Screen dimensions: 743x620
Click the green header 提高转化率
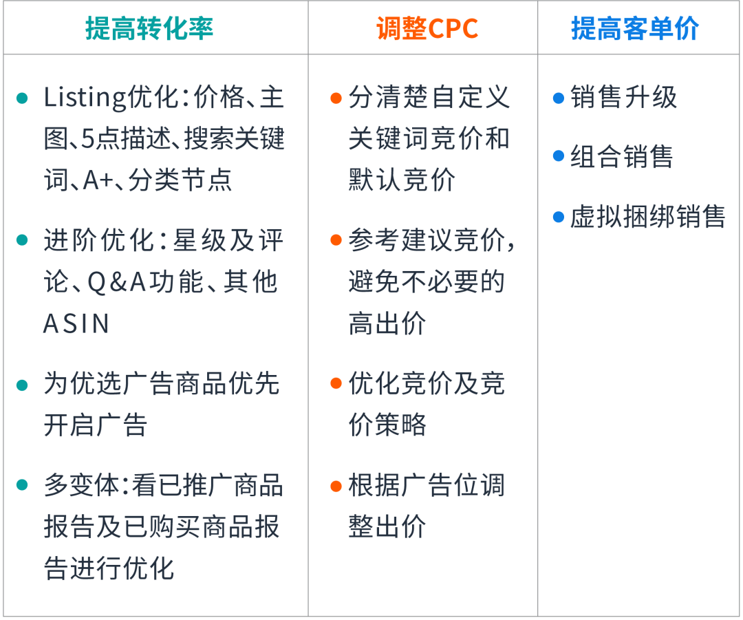[149, 28]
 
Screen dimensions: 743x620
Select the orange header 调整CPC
[427, 28]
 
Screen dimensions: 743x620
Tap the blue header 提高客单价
[635, 28]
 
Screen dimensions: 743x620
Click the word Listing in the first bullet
[85, 98]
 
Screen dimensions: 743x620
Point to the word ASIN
[76, 324]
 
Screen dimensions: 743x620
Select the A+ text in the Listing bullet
[98, 180]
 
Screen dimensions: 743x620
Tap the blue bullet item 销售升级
[623, 97]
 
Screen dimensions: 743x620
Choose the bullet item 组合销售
[622, 156]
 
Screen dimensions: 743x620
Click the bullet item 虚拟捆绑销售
[648, 217]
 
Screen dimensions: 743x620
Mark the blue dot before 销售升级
[559, 98]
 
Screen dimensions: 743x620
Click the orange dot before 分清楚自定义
[336, 98]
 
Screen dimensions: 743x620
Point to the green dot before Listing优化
[22, 98]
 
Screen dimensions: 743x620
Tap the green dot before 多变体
[22, 485]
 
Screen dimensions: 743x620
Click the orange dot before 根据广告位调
[336, 486]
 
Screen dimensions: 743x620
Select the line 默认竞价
[402, 180]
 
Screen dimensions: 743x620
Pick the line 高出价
[387, 323]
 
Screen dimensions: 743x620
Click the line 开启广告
[95, 425]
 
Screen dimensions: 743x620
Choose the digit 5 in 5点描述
[88, 139]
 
